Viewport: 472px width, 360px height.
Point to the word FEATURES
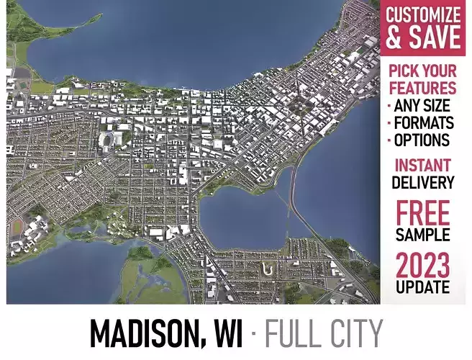pos(423,89)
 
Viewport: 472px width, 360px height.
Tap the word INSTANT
pos(423,165)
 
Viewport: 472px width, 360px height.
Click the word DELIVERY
pos(423,182)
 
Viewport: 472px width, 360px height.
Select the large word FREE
pos(423,213)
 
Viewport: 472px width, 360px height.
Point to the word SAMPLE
pos(423,235)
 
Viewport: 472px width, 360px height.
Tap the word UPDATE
pos(423,287)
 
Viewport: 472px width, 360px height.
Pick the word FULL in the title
pos(291,333)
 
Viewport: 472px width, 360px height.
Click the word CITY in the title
pos(353,333)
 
